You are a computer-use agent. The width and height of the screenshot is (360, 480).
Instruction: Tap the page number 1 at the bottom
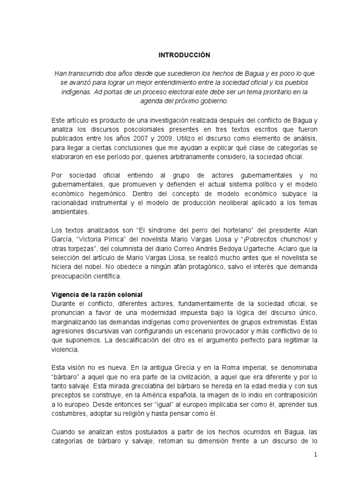316,455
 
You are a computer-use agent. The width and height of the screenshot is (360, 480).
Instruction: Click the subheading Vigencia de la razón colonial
96,294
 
